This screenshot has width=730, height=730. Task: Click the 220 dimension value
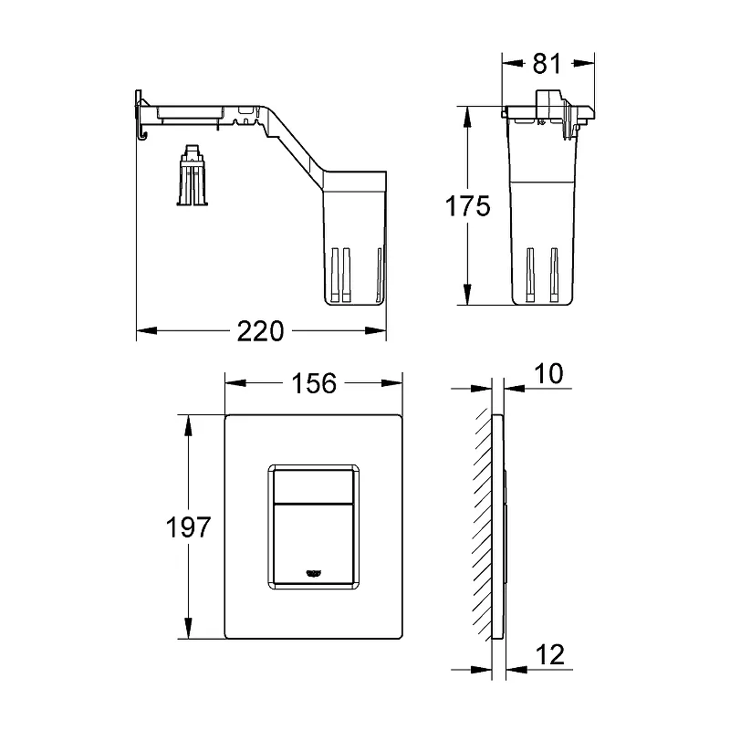260,331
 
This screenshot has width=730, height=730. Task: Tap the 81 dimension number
547,63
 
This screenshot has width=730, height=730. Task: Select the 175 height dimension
468,206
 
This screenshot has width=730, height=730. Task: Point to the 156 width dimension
314,383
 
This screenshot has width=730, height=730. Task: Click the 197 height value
189,527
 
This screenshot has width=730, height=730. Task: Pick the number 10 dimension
548,373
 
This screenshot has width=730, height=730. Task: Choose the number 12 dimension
550,655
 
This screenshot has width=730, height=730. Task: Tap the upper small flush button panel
313,486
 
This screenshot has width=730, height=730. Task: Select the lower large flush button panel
313,543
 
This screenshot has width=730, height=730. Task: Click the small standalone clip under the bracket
193,175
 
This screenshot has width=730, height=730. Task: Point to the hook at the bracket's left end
141,135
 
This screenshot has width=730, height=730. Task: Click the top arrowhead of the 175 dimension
468,117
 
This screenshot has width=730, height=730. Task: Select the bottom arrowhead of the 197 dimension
188,629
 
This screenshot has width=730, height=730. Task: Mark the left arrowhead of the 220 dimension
147,331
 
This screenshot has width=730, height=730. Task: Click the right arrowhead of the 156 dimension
392,383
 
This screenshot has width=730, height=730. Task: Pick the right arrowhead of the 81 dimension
584,63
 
